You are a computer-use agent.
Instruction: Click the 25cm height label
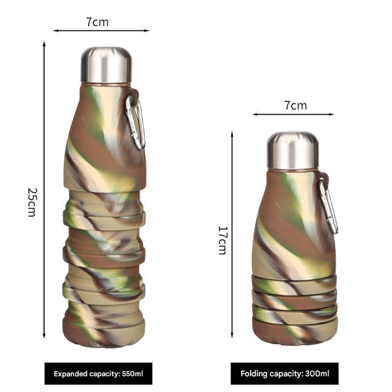(x=31, y=202)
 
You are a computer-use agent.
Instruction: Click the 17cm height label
(x=222, y=240)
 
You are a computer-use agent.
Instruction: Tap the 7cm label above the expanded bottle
(x=97, y=22)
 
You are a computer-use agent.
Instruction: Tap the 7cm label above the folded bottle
(x=295, y=105)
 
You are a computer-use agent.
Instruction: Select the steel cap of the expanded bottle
(x=106, y=65)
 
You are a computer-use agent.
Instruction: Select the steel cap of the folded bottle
(x=292, y=150)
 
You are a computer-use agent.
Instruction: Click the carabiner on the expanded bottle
(x=135, y=121)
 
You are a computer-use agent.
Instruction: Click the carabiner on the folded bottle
(x=329, y=204)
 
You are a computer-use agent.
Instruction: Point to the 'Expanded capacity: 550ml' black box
(x=98, y=374)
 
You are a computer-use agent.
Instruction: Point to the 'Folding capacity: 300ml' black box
(x=284, y=374)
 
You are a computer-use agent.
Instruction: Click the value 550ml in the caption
(x=132, y=374)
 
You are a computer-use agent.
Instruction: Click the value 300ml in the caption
(x=317, y=374)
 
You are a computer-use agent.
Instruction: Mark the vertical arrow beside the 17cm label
(x=232, y=240)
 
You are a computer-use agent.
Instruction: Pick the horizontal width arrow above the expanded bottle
(x=101, y=30)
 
